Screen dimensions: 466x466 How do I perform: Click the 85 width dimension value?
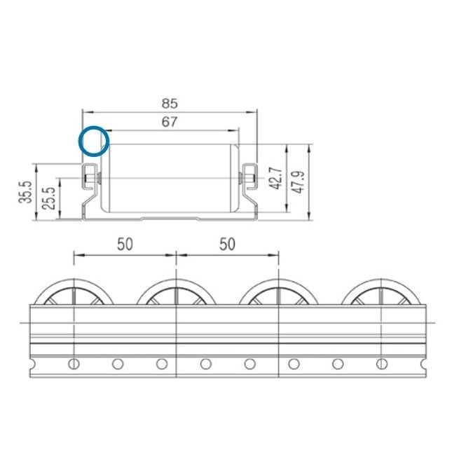(x=170, y=102)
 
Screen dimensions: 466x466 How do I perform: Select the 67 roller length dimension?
(x=170, y=121)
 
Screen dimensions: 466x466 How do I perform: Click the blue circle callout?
(x=93, y=140)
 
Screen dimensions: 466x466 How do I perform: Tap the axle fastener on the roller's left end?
(x=90, y=179)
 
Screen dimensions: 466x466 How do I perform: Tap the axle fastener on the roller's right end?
(x=249, y=179)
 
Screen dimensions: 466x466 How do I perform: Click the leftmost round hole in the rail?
(x=74, y=364)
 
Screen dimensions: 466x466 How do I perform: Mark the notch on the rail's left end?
(x=32, y=364)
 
